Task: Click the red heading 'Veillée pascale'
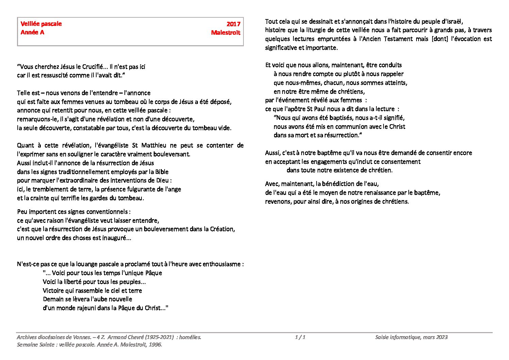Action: pos(41,24)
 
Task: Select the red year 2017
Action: pos(233,24)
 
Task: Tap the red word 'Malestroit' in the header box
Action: pos(225,33)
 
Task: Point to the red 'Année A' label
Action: pos(32,32)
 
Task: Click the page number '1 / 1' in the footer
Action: pos(300,337)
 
